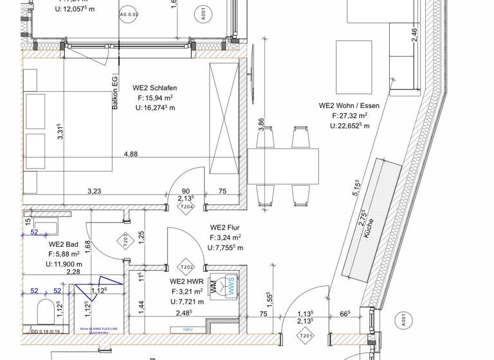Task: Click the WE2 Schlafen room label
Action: coord(154,88)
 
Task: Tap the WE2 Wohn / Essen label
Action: coord(349,105)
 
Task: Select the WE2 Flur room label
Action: coord(224,228)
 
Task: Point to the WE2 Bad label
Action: coord(64,244)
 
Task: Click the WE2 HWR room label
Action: coord(187,282)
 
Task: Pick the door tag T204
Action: coord(187,207)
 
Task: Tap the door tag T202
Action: coord(187,267)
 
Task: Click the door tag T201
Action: coord(305,335)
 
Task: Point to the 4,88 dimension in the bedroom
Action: coord(131,154)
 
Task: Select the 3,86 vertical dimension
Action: coord(261,124)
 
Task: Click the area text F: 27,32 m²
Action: coord(349,116)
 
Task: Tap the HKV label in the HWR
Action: coord(188,330)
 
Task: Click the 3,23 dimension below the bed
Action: coord(94,191)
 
